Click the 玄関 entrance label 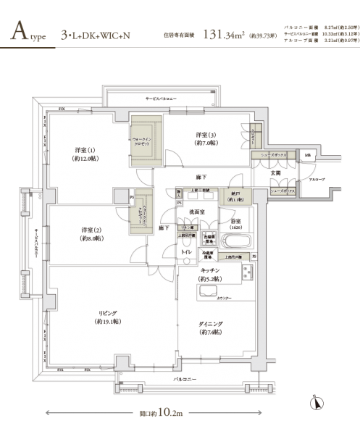(x=276, y=172)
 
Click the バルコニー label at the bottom (x=185, y=379)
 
